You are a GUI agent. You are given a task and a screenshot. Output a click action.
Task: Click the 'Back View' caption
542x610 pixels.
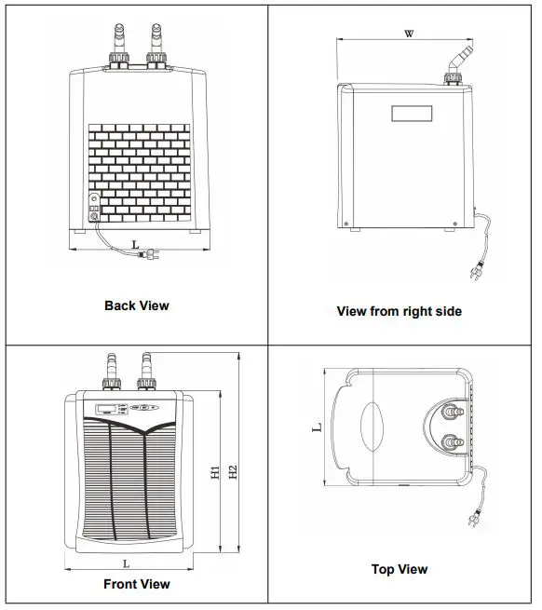(137, 305)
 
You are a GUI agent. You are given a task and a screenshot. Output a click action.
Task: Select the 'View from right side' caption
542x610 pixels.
(399, 311)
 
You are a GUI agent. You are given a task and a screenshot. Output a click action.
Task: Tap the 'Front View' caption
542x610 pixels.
(137, 584)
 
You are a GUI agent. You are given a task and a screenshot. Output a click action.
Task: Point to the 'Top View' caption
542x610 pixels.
(399, 569)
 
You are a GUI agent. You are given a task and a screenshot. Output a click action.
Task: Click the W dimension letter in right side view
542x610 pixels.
(408, 34)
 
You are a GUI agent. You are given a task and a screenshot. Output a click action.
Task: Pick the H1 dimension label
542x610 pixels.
(215, 473)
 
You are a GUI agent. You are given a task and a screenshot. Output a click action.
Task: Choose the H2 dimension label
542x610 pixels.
(233, 473)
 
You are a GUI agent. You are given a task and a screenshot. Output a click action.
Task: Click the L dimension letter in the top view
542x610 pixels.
(317, 427)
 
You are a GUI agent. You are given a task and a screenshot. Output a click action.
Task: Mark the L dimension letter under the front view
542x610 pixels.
(126, 563)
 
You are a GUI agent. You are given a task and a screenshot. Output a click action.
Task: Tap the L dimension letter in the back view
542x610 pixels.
(137, 244)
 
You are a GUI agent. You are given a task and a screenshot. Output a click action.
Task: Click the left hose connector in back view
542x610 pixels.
(118, 47)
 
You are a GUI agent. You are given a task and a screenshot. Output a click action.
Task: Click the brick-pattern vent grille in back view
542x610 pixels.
(140, 169)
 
